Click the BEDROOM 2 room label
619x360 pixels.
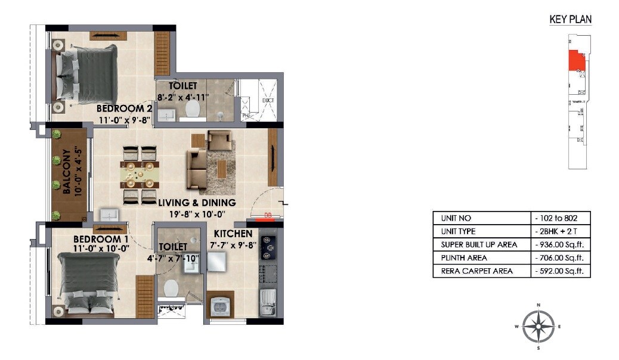click(x=124, y=109)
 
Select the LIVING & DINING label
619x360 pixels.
click(x=197, y=203)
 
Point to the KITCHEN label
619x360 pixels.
click(x=233, y=234)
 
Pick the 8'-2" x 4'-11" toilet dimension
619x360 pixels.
click(x=182, y=97)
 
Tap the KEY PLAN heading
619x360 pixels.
click(x=570, y=20)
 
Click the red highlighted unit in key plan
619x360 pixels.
click(x=576, y=61)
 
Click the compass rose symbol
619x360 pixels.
click(x=538, y=326)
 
